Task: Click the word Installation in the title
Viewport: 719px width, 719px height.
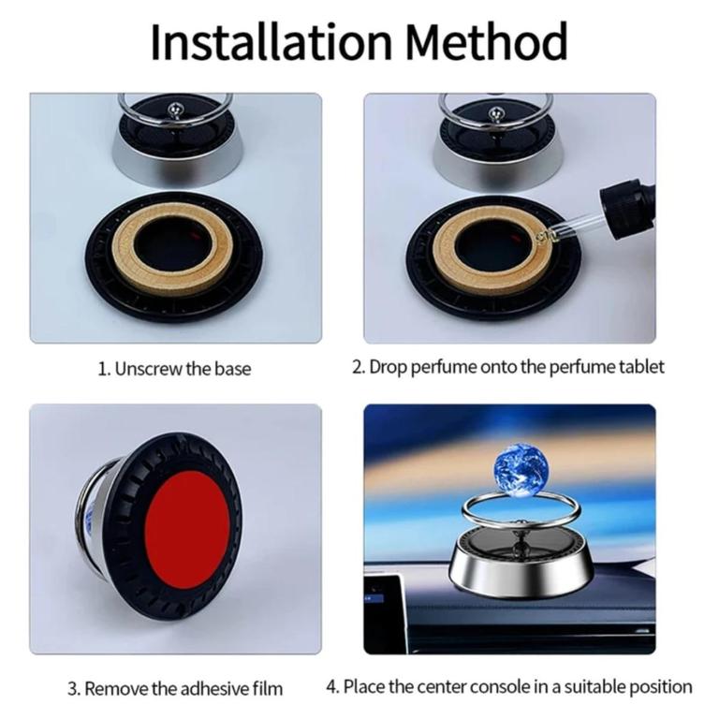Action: tap(271, 41)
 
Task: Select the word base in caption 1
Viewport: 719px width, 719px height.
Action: tap(233, 369)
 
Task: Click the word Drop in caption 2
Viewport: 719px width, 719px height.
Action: tap(389, 367)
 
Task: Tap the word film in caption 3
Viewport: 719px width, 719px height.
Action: tap(268, 689)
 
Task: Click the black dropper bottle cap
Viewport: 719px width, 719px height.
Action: tap(626, 208)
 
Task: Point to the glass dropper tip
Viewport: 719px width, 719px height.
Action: tap(542, 237)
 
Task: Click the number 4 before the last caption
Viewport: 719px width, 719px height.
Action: tap(331, 687)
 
